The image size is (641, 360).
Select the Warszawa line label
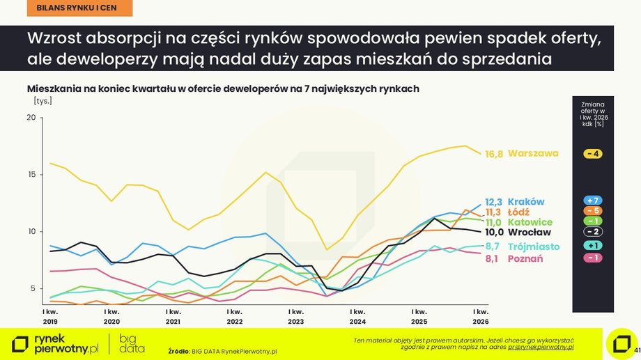click(x=533, y=153)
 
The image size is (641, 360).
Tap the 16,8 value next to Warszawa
click(x=494, y=154)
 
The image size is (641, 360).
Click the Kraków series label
click(x=526, y=202)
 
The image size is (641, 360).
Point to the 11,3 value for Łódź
click(x=493, y=212)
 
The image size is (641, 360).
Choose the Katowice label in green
click(x=530, y=222)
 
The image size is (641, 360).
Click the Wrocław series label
click(x=530, y=233)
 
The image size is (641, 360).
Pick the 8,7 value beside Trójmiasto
click(x=493, y=246)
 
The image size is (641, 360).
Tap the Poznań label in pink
click(x=527, y=258)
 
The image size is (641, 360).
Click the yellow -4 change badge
click(x=593, y=154)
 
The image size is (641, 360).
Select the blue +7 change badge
click(x=593, y=201)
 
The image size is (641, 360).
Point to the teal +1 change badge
click(x=593, y=246)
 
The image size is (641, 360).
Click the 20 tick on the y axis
click(x=31, y=117)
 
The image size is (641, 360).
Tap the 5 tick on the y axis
click(x=33, y=288)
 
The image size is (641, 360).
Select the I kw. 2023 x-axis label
click(x=296, y=316)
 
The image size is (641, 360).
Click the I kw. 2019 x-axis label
click(x=49, y=316)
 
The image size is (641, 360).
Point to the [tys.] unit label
click(x=43, y=101)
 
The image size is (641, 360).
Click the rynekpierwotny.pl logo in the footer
click(x=56, y=343)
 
